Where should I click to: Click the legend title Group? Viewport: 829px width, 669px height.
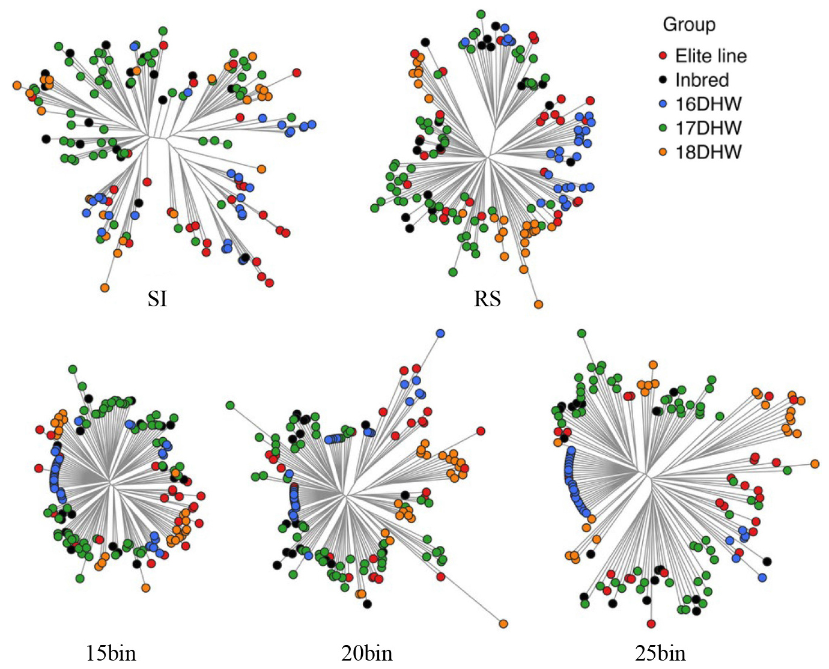click(689, 25)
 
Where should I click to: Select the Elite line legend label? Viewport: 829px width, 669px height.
click(711, 56)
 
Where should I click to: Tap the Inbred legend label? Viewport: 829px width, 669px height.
click(702, 80)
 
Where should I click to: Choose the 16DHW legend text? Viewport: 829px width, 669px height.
click(708, 104)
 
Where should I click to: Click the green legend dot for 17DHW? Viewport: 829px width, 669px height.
click(663, 128)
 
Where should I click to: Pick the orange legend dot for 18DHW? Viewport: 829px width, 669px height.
click(663, 152)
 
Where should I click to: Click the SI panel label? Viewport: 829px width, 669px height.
click(157, 298)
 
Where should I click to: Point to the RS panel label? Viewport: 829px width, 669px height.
click(487, 298)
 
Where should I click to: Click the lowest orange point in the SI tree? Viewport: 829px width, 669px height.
click(105, 288)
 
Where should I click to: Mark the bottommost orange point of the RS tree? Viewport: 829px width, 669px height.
click(538, 304)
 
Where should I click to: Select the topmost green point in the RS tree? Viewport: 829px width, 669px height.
click(481, 14)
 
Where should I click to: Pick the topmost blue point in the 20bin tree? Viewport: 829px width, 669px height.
click(440, 333)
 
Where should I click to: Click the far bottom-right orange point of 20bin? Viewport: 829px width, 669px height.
click(503, 623)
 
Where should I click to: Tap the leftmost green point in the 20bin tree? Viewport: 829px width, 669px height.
click(230, 405)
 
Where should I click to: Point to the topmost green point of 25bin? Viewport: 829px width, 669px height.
click(582, 333)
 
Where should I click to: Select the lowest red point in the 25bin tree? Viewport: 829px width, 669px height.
click(651, 624)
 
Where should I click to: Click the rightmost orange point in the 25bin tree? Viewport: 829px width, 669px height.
click(815, 464)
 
